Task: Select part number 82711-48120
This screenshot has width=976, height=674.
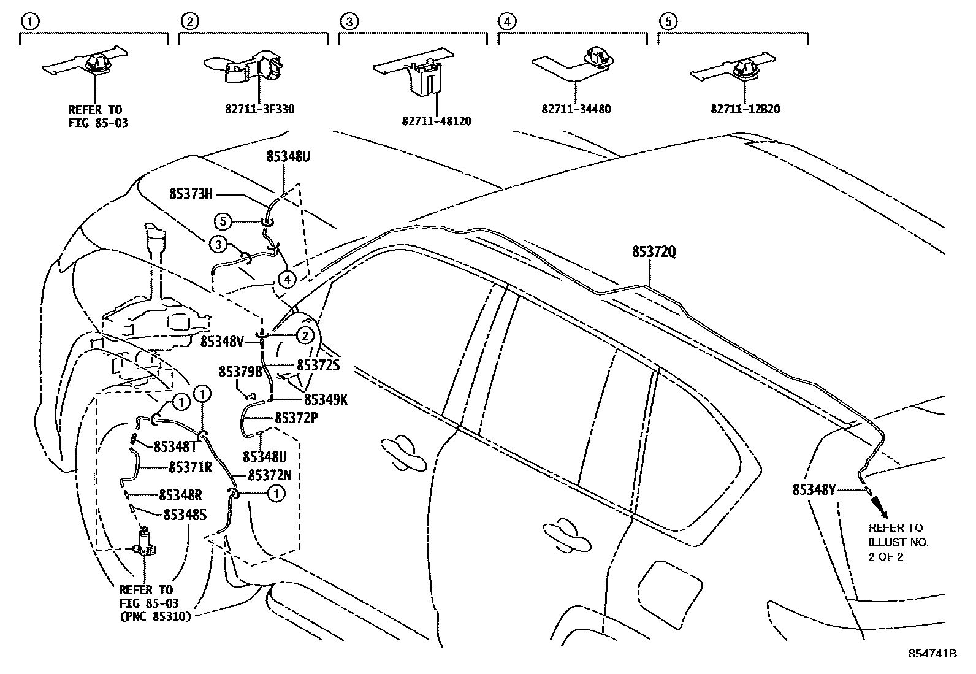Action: point(437,121)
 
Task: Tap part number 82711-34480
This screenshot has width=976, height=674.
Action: point(576,110)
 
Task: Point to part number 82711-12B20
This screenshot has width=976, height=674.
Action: point(745,110)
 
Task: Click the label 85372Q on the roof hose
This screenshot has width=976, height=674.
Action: point(654,252)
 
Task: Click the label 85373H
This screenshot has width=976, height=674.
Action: point(191,194)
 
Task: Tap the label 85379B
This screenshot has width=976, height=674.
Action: point(240,372)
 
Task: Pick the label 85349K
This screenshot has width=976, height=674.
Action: point(326,400)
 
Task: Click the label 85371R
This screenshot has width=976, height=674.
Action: point(190,467)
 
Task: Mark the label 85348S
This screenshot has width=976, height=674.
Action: point(184,515)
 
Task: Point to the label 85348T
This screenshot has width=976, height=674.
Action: point(175,446)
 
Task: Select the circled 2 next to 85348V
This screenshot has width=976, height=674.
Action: point(305,335)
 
